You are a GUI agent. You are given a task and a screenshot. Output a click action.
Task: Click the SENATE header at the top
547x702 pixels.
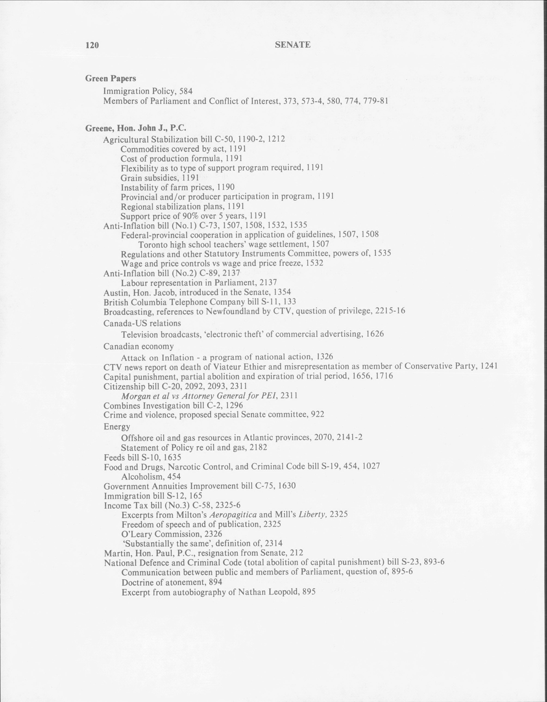293,45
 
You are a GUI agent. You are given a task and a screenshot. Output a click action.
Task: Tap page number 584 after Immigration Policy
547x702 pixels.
186,91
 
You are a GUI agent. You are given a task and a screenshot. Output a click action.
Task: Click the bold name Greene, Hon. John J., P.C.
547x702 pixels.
136,128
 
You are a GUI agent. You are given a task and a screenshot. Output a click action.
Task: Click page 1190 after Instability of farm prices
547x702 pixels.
226,187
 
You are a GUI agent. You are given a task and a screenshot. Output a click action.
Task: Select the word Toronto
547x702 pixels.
152,245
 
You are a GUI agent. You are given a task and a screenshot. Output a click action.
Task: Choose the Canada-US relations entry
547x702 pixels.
142,323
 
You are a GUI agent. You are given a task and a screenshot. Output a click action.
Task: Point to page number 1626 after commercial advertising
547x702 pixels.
375,334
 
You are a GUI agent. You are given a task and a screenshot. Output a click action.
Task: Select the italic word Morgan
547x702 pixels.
135,396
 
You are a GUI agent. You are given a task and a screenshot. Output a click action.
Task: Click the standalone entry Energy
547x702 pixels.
117,427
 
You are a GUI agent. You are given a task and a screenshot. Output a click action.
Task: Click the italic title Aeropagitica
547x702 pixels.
233,514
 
